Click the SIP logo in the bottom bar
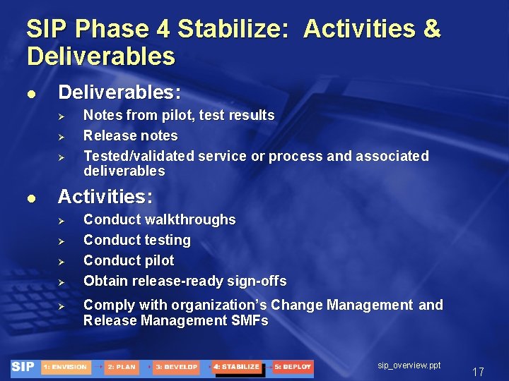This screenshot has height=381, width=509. click(x=23, y=367)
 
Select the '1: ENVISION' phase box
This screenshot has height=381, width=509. click(x=65, y=368)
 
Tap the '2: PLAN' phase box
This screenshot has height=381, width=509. click(x=122, y=368)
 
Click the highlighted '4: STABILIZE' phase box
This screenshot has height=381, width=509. click(x=236, y=368)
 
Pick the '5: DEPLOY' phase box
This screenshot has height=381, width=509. click(x=293, y=368)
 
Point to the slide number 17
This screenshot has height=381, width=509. click(x=478, y=372)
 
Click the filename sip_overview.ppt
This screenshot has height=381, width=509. click(x=409, y=365)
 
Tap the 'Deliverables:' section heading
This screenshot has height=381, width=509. click(x=119, y=92)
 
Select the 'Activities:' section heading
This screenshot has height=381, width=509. click(x=105, y=195)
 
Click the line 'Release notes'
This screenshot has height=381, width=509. click(x=130, y=135)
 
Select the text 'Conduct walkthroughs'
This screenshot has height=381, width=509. click(x=159, y=219)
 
